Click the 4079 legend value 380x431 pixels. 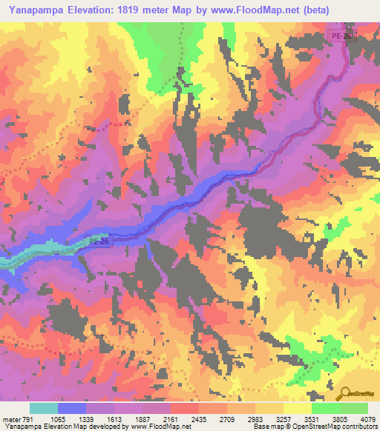tap(364, 418)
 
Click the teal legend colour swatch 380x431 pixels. tap(44, 408)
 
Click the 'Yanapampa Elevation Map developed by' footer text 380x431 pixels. tap(56, 427)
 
